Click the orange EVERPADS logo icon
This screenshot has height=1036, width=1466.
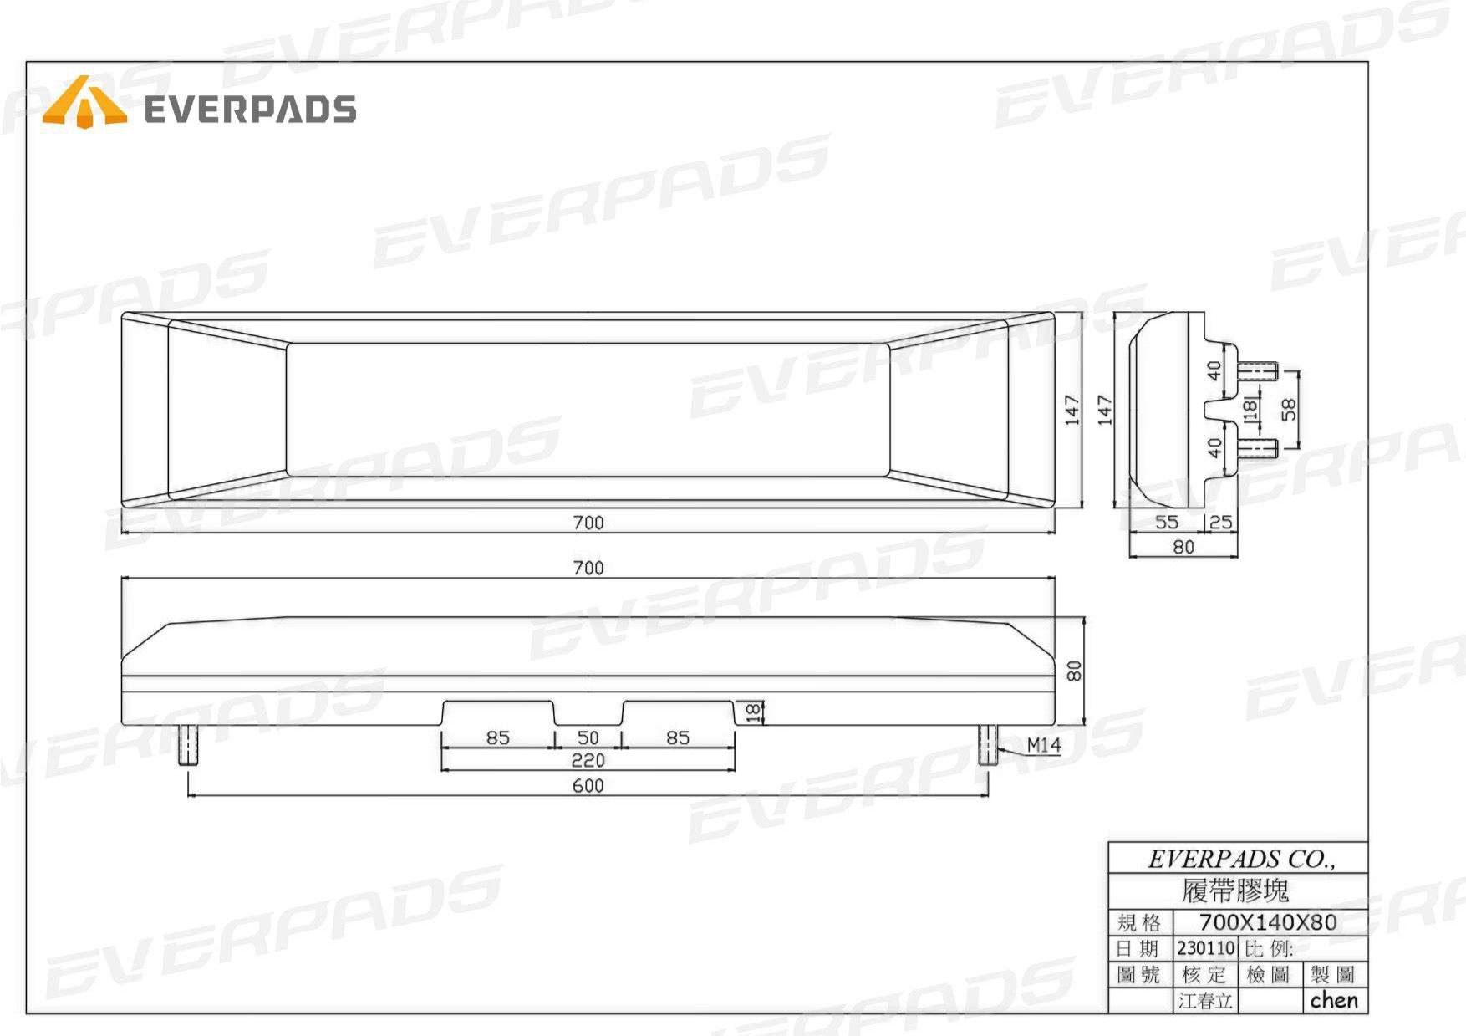tap(84, 102)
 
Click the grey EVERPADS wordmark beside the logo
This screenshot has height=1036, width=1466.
tap(251, 110)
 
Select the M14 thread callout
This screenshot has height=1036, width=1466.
tap(1044, 744)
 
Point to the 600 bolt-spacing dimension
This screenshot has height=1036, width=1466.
tap(588, 785)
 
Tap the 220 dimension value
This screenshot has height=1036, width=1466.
tap(588, 760)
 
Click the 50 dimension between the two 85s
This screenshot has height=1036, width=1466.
tap(588, 737)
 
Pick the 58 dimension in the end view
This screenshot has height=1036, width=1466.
tap(1290, 409)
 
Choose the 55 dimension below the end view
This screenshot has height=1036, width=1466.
tap(1167, 523)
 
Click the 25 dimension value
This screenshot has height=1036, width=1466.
tap(1221, 523)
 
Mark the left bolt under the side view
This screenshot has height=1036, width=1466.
tap(189, 745)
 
